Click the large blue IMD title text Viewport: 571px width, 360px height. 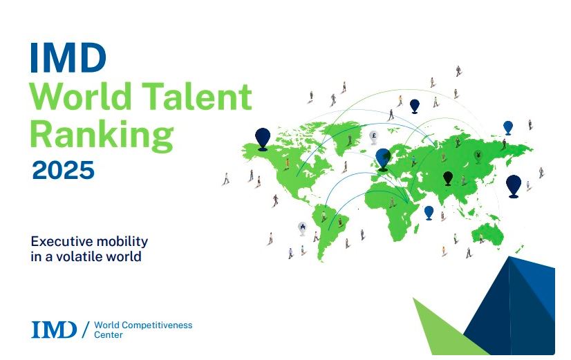68,57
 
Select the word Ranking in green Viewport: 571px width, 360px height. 102,135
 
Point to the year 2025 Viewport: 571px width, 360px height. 64,170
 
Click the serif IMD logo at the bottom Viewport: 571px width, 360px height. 54,330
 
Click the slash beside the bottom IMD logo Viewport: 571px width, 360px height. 86,330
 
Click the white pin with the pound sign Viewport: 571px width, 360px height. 373,138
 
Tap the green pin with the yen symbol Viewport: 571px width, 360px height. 478,157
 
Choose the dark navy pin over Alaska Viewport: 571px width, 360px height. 263,139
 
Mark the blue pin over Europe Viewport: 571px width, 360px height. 383,160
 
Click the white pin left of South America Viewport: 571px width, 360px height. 302,229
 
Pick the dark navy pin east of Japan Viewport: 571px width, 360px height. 514,186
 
